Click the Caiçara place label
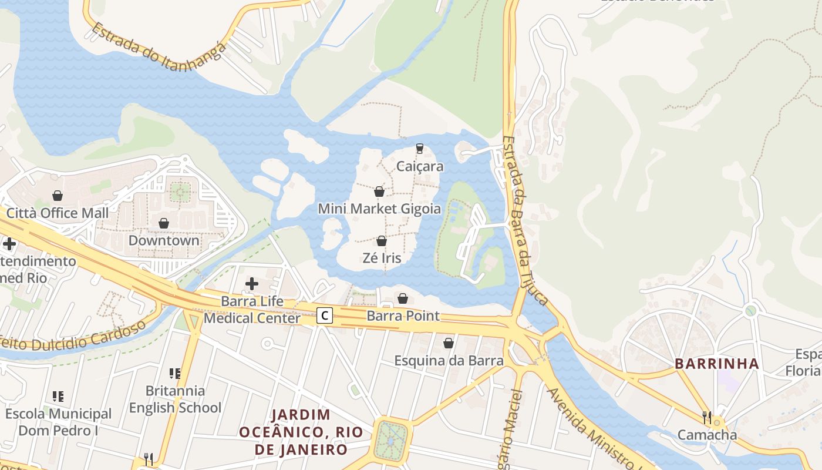[x=420, y=166]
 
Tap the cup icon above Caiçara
[x=419, y=148]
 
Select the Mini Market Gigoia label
[x=379, y=209]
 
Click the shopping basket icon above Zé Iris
[x=382, y=241]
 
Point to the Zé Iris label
[x=382, y=258]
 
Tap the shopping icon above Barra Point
[x=403, y=298]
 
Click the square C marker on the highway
[x=325, y=315]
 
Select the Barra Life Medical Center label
[x=252, y=310]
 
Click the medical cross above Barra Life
[x=252, y=284]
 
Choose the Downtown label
[x=164, y=240]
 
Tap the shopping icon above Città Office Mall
[x=58, y=195]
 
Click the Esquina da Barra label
[x=449, y=360]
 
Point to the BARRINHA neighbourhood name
[x=717, y=364]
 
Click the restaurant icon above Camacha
[x=707, y=417]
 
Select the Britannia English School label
[x=175, y=399]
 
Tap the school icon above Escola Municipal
[x=58, y=397]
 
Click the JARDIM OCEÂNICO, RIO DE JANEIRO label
[x=301, y=432]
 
